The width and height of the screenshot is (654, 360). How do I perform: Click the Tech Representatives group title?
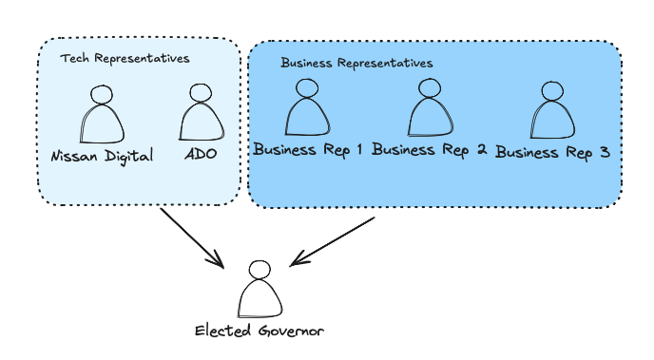tap(125, 59)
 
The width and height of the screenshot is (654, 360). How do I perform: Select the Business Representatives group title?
tap(356, 63)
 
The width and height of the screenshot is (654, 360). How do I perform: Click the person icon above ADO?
tap(201, 114)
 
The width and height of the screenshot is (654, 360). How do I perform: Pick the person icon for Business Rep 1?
tap(307, 109)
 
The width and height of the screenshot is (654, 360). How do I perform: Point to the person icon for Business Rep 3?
tap(552, 112)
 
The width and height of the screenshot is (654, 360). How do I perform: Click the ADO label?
tap(201, 155)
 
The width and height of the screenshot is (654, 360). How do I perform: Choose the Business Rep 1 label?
tap(308, 149)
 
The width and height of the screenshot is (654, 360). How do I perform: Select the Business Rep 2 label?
tap(430, 149)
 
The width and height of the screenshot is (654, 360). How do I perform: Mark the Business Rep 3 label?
tap(552, 152)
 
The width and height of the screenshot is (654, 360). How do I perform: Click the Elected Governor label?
tap(260, 332)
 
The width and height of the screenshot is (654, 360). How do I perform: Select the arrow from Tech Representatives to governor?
tap(191, 237)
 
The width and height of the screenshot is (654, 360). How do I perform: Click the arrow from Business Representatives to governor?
tap(333, 240)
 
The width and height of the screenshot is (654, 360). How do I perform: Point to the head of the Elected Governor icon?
tap(259, 270)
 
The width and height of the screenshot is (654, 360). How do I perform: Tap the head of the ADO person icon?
tap(200, 93)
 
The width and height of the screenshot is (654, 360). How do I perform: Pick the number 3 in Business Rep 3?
tap(603, 152)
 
